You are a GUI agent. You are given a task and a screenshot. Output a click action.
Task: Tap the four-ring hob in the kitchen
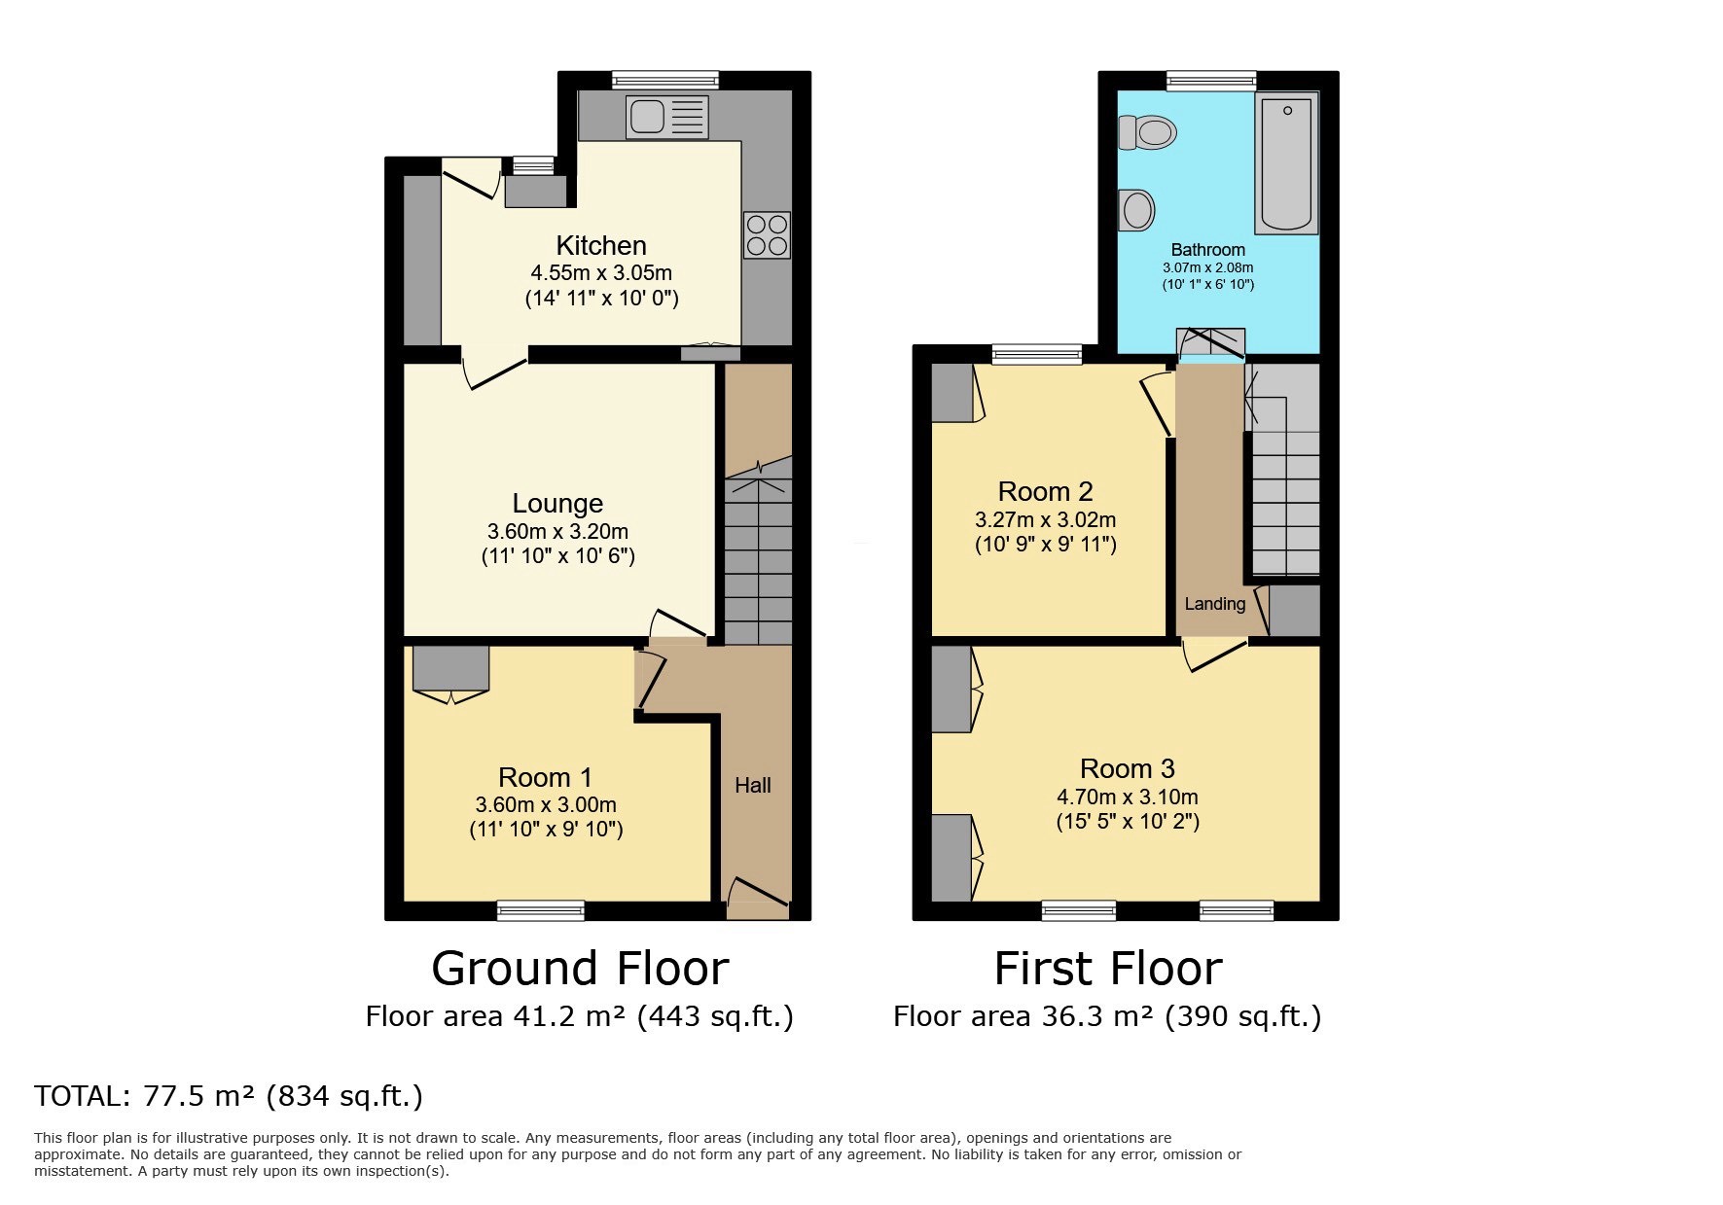point(767,234)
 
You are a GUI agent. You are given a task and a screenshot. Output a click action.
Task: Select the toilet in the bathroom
point(1147,131)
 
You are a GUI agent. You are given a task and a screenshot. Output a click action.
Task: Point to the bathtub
point(1286,163)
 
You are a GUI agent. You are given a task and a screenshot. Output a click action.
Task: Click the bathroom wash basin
point(1136,210)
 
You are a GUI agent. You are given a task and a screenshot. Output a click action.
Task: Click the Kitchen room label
point(601,245)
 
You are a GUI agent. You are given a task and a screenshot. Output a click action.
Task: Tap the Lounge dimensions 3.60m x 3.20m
point(557,532)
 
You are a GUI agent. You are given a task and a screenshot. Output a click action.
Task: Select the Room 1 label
point(545,777)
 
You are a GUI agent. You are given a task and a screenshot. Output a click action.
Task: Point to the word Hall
point(753,785)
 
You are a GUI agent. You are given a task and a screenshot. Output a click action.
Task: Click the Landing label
point(1214,604)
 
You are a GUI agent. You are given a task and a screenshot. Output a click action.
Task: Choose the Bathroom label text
point(1207,250)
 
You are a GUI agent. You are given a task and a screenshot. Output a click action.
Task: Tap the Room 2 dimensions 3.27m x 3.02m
point(1046,520)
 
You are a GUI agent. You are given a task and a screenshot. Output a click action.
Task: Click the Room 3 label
point(1128,768)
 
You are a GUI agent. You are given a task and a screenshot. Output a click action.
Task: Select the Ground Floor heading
point(580,968)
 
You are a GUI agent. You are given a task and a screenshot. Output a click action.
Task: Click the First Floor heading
point(1108,968)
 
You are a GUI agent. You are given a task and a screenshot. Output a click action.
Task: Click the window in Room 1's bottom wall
point(541,910)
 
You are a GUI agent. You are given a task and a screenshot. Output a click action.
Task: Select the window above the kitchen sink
point(665,81)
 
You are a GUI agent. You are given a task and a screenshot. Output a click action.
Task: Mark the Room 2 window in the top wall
point(1037,355)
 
